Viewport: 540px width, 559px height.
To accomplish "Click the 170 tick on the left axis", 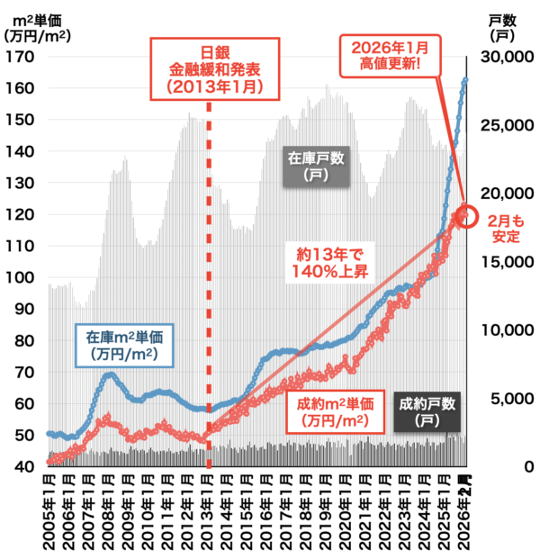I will (x=19, y=57).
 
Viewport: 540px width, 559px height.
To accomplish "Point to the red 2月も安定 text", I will (x=504, y=227).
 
